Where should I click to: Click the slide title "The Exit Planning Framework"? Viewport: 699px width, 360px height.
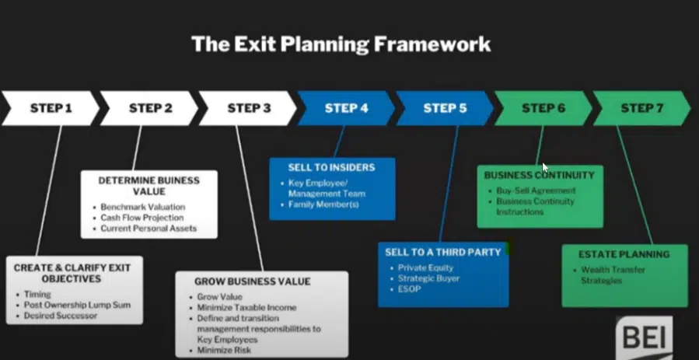coord(341,44)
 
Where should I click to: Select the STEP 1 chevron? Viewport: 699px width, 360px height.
coord(51,108)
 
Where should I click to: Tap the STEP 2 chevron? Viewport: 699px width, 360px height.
coord(150,108)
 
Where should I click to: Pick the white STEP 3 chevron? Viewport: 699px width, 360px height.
coord(249,108)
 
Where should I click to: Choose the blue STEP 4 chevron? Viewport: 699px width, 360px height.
coord(347,108)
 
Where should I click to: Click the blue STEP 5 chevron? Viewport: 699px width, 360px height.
coord(445,108)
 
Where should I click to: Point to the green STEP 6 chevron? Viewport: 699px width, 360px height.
coord(543,108)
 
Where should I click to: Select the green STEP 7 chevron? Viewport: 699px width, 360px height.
coord(641,108)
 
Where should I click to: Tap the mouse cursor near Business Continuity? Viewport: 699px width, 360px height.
coord(545,167)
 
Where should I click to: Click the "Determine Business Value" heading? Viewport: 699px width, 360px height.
coord(149,186)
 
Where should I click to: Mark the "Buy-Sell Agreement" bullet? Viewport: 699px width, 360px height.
coord(536,190)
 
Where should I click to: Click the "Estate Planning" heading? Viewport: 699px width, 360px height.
coord(624,254)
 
